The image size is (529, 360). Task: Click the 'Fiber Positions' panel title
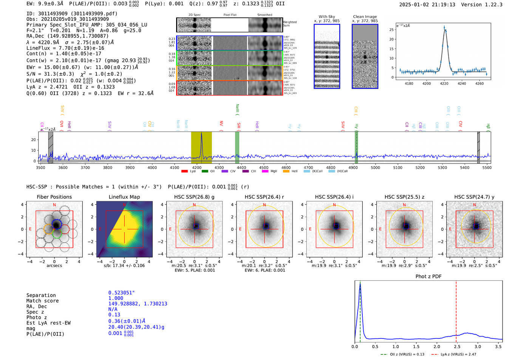pos(54,197)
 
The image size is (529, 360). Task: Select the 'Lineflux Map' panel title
pos(124,197)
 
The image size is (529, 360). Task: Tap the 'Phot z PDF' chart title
pos(428,276)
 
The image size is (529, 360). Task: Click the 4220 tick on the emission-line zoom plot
pos(444,83)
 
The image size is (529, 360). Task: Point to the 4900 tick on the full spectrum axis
pos(353,167)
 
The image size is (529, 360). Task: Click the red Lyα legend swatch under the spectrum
pos(184,171)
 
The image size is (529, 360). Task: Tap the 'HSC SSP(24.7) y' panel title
pos(474,197)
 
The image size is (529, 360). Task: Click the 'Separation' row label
pos(41,295)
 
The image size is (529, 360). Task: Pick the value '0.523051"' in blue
pos(121,293)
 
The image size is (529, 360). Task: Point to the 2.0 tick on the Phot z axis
pos(437,346)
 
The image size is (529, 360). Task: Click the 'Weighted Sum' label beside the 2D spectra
pos(289,24)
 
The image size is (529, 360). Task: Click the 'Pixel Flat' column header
pos(230,15)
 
